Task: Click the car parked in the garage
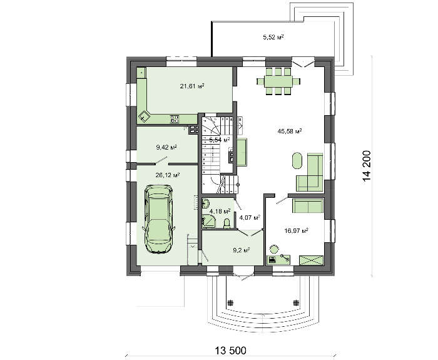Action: click(x=158, y=219)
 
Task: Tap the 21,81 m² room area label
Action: click(x=192, y=86)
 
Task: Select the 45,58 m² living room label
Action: click(x=290, y=131)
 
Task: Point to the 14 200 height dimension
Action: click(x=367, y=167)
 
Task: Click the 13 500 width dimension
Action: click(x=230, y=350)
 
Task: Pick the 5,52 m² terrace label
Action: click(x=274, y=37)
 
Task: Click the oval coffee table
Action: click(x=297, y=160)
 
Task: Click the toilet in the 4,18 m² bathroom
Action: click(x=227, y=224)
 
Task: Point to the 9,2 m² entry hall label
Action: click(x=242, y=250)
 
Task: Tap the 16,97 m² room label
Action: click(x=297, y=231)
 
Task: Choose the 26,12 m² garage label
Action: click(x=168, y=175)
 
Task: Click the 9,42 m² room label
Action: click(x=167, y=147)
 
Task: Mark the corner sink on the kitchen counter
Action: click(x=144, y=116)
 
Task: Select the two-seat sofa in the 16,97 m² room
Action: click(x=308, y=206)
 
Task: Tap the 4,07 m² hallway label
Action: click(x=250, y=217)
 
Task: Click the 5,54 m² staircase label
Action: click(x=220, y=140)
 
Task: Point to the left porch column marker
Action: click(x=230, y=302)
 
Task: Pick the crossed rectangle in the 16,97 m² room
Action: click(x=312, y=260)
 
